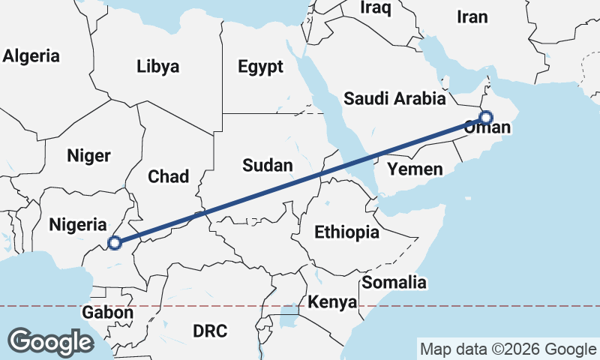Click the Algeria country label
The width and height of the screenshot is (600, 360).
point(31,55)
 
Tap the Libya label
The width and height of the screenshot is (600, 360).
point(158,67)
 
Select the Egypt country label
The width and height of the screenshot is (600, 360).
point(261,67)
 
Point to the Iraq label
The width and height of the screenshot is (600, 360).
point(376,7)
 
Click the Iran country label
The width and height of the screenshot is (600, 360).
point(472,16)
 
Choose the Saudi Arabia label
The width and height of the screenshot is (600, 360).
point(394,98)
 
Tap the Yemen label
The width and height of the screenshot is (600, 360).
point(415,169)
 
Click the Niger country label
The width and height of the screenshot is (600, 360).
point(88,156)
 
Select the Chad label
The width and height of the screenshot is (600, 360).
point(169,176)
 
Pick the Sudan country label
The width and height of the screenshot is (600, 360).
point(268,165)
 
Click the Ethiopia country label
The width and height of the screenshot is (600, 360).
point(346,232)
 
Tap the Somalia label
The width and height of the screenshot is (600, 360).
point(394,283)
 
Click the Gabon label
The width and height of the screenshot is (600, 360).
point(109,313)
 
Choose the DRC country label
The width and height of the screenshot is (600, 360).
point(210,331)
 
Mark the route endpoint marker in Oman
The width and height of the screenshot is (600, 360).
point(486,118)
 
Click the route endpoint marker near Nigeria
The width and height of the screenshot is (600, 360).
point(114,242)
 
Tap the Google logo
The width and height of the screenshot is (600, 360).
point(50,342)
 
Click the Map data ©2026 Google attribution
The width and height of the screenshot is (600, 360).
point(508,349)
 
